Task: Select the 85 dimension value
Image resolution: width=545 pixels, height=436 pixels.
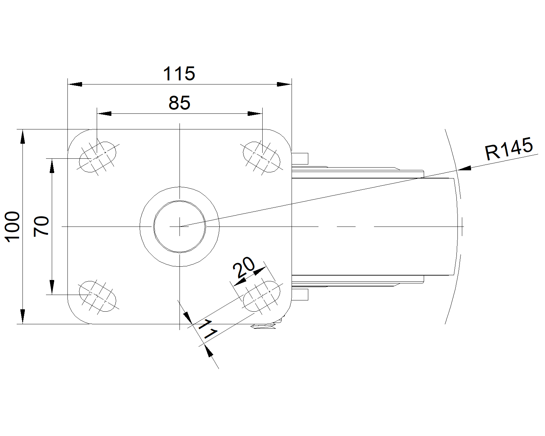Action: [x=179, y=103]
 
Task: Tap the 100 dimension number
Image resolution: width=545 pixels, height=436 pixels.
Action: [x=13, y=227]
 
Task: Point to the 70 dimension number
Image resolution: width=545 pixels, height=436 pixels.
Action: [x=42, y=227]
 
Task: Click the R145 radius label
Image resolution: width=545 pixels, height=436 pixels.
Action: [x=509, y=149]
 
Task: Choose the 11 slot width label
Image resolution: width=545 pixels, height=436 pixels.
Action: [x=207, y=330]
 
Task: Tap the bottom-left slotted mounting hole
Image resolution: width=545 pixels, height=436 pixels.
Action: [x=97, y=296]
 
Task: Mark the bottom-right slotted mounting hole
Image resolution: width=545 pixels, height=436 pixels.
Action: [x=262, y=296]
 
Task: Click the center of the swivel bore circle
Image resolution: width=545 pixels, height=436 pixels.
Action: [x=180, y=226]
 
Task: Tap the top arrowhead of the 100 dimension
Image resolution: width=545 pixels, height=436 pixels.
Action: [x=22, y=136]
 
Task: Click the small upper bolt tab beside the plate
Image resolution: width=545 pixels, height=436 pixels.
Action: [x=300, y=158]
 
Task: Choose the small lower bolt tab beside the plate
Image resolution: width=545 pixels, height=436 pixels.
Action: [x=300, y=294]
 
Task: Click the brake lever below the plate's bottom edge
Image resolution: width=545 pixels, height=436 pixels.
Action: [x=266, y=327]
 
